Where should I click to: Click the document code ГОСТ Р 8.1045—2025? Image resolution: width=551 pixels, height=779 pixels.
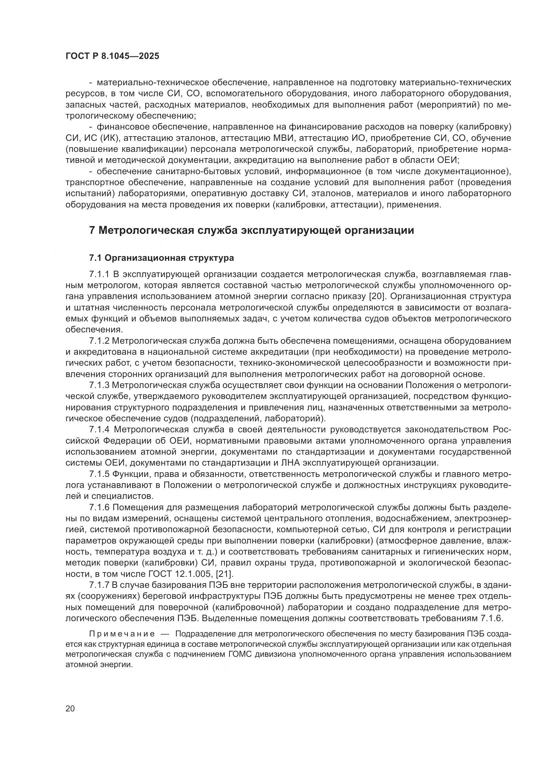(x=112, y=56)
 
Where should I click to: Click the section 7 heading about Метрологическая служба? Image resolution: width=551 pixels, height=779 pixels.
(x=252, y=230)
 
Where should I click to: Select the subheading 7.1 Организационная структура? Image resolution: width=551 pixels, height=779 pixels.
(x=162, y=258)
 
